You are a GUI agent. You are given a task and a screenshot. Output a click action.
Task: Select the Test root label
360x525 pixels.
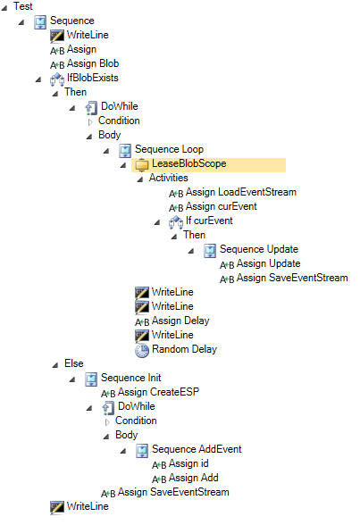[x=22, y=6]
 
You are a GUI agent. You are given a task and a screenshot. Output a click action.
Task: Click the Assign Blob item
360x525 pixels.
[x=93, y=63]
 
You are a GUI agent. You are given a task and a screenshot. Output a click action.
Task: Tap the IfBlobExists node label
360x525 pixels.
[x=92, y=78]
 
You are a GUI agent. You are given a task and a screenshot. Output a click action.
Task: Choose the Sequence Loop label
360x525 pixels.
[x=169, y=149]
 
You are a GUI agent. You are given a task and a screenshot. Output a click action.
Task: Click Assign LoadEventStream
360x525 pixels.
[x=241, y=192]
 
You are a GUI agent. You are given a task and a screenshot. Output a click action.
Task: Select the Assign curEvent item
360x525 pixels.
[x=221, y=206]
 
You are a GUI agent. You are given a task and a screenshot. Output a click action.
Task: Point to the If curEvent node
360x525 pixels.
[x=209, y=221]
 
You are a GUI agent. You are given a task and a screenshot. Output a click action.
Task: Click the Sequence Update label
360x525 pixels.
[x=259, y=249]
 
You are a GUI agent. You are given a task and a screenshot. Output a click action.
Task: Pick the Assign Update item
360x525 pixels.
[x=268, y=264]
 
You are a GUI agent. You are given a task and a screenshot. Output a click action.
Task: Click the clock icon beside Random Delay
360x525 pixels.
[x=142, y=350]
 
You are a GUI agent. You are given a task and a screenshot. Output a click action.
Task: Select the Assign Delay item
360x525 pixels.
[x=180, y=321]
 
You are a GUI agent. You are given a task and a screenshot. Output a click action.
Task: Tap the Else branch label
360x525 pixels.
[x=73, y=363]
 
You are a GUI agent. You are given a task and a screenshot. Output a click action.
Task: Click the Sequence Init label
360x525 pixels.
[x=131, y=378]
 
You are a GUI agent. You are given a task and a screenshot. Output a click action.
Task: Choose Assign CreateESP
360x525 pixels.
[x=158, y=392]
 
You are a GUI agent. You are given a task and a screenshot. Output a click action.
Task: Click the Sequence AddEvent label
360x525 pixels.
[x=197, y=449]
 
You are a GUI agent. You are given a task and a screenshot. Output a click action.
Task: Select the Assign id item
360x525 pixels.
[x=188, y=463]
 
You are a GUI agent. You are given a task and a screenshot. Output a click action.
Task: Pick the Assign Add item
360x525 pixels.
[x=194, y=478]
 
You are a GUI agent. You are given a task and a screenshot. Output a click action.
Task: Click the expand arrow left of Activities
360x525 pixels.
[x=140, y=179]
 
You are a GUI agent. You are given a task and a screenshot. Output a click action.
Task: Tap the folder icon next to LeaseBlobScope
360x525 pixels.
[x=142, y=164]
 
